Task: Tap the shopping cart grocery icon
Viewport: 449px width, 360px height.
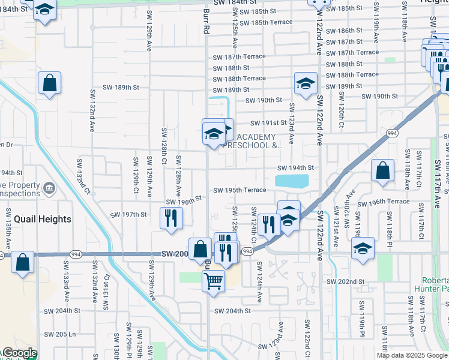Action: click(x=214, y=280)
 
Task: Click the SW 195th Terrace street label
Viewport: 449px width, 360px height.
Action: click(x=238, y=190)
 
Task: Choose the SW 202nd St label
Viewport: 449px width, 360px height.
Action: click(x=346, y=281)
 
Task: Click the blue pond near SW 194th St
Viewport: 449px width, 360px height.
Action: click(x=292, y=181)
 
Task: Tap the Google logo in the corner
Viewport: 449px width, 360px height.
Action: click(x=19, y=353)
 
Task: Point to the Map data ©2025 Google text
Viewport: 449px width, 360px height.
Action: click(x=412, y=355)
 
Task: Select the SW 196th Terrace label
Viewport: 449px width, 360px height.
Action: click(x=383, y=202)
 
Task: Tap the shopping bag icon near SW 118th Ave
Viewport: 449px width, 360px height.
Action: click(x=382, y=171)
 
